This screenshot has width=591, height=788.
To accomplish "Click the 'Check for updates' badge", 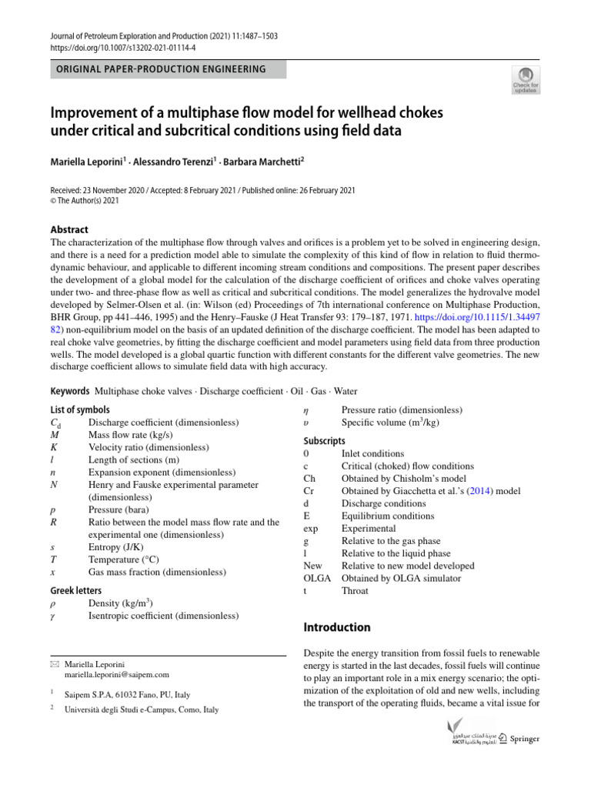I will [x=526, y=78].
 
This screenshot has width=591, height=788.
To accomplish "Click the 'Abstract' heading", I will [x=69, y=229].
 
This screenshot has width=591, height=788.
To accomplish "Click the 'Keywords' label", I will [x=70, y=391].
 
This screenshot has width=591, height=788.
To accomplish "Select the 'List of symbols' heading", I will [x=79, y=410].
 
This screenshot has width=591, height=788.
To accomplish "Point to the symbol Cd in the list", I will [x=55, y=422].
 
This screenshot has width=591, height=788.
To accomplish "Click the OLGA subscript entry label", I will [x=318, y=578].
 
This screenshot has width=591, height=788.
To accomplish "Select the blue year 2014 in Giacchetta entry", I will [x=480, y=491].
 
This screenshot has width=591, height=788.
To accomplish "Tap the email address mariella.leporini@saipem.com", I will [x=117, y=675].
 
